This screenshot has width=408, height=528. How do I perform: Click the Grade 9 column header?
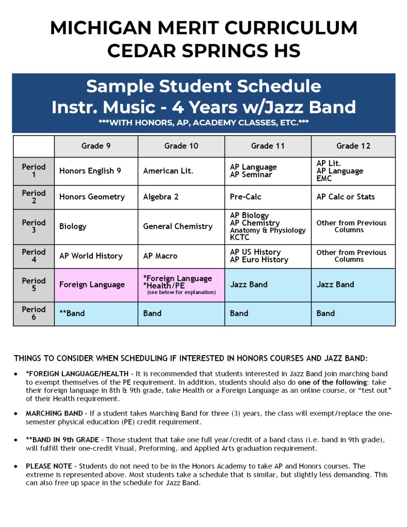(96, 146)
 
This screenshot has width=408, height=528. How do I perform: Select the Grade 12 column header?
(353, 146)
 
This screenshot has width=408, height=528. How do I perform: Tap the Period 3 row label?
(34, 226)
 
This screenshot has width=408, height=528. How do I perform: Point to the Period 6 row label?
(34, 313)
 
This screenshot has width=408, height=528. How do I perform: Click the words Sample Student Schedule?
(203, 86)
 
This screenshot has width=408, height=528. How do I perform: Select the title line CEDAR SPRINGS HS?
(203, 51)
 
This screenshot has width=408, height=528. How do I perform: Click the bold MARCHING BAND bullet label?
(56, 413)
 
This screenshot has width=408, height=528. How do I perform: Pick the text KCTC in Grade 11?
(240, 238)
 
